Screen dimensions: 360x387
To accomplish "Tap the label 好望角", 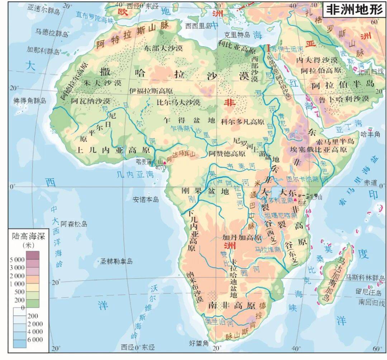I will [x=199, y=343].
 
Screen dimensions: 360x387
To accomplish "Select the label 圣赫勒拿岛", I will [x=116, y=261].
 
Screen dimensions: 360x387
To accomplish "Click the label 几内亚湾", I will [x=135, y=175].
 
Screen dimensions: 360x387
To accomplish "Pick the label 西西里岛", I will [x=198, y=25].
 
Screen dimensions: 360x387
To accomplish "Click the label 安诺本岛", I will [x=145, y=199].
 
